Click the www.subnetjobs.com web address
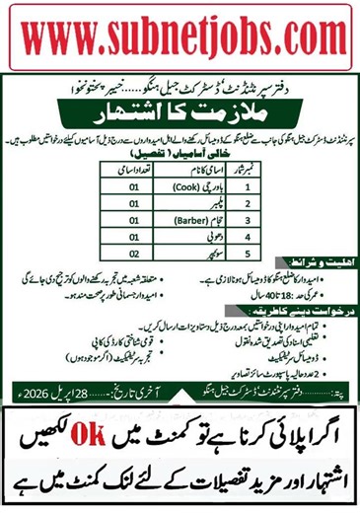[x=180, y=37]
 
